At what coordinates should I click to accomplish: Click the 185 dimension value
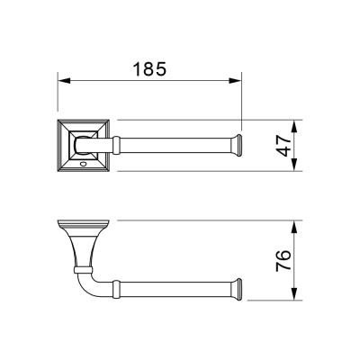click(149, 69)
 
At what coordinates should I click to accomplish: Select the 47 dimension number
click(283, 146)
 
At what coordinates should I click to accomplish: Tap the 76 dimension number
click(283, 260)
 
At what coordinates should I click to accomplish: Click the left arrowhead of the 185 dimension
click(64, 81)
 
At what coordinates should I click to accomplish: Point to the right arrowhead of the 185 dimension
click(235, 81)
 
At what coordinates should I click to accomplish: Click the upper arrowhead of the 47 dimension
click(295, 126)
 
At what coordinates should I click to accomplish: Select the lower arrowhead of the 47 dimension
click(295, 165)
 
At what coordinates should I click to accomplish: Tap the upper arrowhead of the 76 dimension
click(295, 227)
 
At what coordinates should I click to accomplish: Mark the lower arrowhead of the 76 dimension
click(295, 293)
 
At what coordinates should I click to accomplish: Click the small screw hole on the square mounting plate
click(83, 164)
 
